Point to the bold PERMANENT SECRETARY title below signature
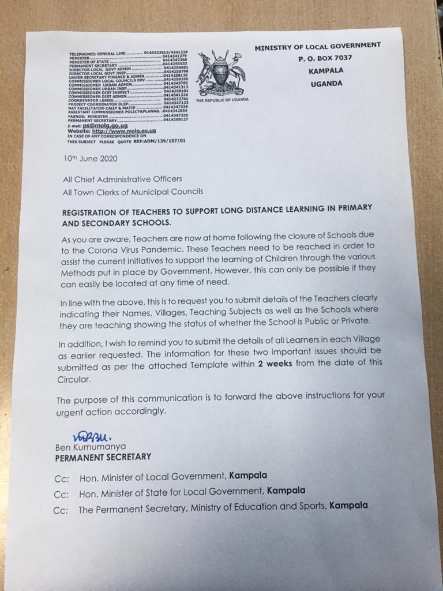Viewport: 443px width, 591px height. coord(103,457)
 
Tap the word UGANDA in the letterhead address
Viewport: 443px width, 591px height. coord(326,84)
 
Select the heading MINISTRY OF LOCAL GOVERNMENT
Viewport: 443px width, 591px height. coord(318,47)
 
